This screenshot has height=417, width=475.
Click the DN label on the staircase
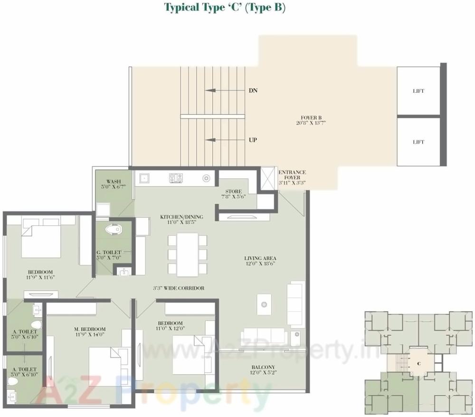[253, 90]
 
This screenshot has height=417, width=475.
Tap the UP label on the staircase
[253, 140]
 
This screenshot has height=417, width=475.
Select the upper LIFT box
[418, 91]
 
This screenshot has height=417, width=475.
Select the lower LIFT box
[418, 142]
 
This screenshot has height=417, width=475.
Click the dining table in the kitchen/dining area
[187, 254]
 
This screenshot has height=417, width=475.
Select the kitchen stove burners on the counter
[176, 178]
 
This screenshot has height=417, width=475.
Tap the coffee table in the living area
[264, 304]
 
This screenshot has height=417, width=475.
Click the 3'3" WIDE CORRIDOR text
[179, 288]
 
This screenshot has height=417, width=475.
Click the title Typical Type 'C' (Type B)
[225, 8]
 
